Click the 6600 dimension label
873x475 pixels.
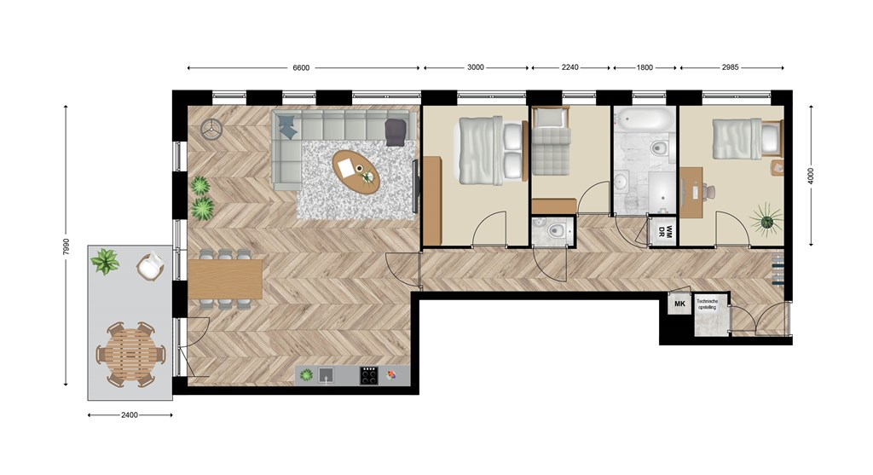pos(301,68)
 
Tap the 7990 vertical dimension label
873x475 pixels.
pos(66,246)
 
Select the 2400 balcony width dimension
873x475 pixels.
pos(130,414)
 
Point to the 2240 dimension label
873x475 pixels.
pos(569,67)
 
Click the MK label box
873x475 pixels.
pos(679,304)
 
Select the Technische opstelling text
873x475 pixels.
pos(708,304)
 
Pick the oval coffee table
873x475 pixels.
pos(356,171)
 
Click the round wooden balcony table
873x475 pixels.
pos(130,355)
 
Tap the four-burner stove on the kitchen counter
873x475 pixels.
pos(368,375)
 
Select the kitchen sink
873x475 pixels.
pos(327,375)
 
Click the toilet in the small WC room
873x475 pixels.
pos(555,229)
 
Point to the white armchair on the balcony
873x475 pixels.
pos(150,265)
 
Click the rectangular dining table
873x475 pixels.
pos(225,280)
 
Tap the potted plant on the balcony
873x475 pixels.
pos(105,261)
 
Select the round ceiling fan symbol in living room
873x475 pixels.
pos(211,130)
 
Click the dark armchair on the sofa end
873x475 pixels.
pos(396,132)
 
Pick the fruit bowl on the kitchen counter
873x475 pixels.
pos(392,374)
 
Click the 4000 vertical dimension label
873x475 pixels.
pos(811,176)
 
